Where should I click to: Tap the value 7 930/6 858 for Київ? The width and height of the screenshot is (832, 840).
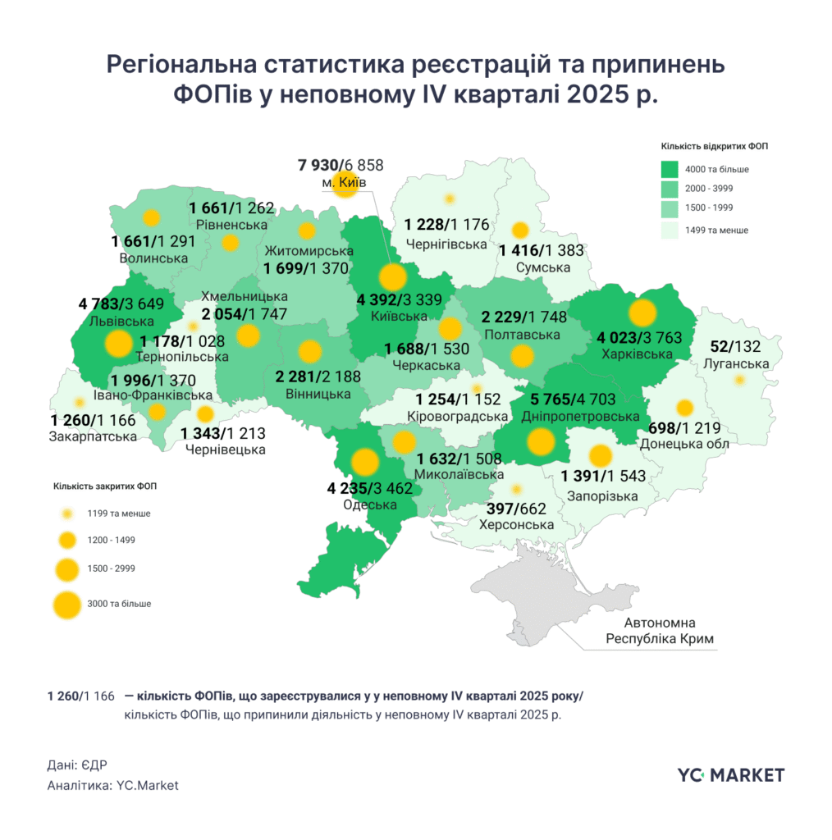340,165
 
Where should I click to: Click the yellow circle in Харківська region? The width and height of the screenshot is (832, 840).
642,313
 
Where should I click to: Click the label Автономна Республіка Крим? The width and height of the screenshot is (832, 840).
660,630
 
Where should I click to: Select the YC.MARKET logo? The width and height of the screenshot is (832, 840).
730,774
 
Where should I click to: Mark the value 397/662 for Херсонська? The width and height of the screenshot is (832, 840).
518,509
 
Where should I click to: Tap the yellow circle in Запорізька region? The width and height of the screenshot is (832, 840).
601,455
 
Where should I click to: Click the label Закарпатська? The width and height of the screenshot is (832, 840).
93,436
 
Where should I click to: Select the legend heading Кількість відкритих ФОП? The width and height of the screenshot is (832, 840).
715,146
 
